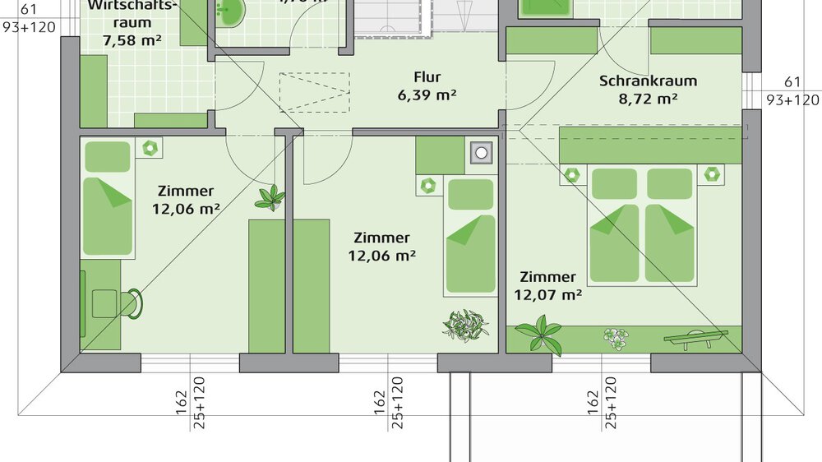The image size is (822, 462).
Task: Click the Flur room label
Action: [x=427, y=77]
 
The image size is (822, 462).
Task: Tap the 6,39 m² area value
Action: [x=427, y=95]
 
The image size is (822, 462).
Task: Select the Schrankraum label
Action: [x=649, y=81]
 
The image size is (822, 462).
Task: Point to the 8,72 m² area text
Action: [x=649, y=99]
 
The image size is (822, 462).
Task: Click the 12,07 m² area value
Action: [x=548, y=295]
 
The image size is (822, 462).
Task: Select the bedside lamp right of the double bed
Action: [x=711, y=173]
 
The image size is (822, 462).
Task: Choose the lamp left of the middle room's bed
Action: [x=429, y=185]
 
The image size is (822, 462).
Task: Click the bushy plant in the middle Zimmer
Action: [x=465, y=325]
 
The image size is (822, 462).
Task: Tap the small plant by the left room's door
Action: [x=269, y=197]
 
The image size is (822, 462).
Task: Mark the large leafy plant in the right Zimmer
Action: [x=540, y=335]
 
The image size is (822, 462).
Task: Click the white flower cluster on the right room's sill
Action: [x=614, y=337]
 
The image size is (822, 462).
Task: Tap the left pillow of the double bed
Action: [x=614, y=183]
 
